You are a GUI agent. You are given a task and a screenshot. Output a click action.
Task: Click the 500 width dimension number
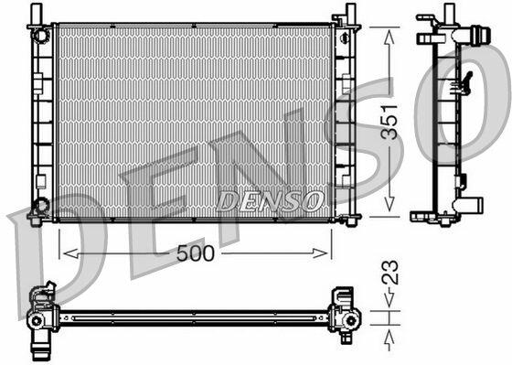pyautogui.click(x=196, y=253)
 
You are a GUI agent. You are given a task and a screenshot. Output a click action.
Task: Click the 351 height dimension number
pyautogui.click(x=390, y=123)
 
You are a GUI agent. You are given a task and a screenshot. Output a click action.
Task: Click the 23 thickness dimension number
pyautogui.click(x=390, y=272)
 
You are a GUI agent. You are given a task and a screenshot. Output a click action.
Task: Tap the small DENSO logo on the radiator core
pyautogui.click(x=270, y=201)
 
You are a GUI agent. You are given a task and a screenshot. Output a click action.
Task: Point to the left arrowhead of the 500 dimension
pyautogui.click(x=71, y=253)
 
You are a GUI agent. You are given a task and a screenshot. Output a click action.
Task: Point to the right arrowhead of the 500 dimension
pyautogui.click(x=320, y=253)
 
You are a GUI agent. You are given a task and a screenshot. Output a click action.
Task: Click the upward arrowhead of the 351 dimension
pyautogui.click(x=389, y=37)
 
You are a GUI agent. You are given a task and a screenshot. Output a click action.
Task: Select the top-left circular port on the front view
pyautogui.click(x=40, y=36)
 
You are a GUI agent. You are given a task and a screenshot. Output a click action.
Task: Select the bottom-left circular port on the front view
pyautogui.click(x=41, y=205)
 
